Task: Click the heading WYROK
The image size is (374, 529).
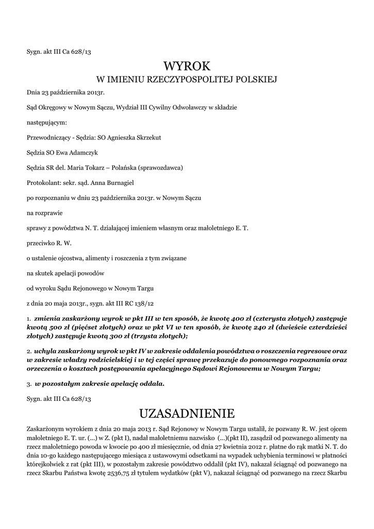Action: click(187, 66)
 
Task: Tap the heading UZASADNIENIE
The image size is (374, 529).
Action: click(187, 413)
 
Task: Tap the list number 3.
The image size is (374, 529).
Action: click(29, 384)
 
